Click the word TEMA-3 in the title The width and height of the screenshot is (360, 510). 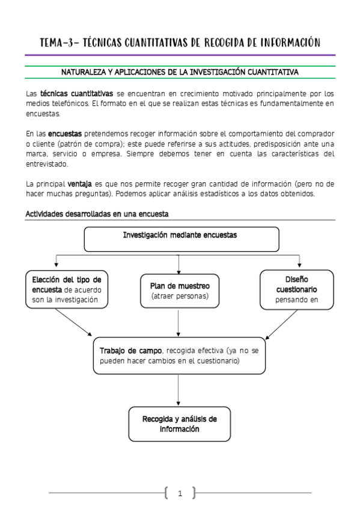(58, 42)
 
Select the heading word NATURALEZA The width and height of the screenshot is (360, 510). (84, 73)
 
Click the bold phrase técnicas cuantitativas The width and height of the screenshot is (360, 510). (76, 94)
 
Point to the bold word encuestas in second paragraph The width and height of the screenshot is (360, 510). (65, 133)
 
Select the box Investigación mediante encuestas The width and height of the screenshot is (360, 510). (180, 239)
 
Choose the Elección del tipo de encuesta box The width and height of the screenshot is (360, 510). (66, 290)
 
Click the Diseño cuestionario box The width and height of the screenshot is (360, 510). (296, 289)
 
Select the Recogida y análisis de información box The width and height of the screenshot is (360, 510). (179, 424)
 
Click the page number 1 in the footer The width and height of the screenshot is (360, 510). (180, 494)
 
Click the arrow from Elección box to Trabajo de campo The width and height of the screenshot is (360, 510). (73, 322)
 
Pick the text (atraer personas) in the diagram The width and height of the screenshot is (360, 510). (180, 296)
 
